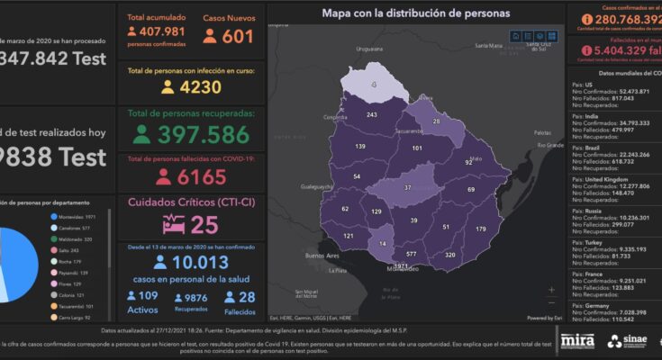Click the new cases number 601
tap(238, 36)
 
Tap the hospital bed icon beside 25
tap(173, 222)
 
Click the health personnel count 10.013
tap(198, 262)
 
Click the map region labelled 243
tap(372, 114)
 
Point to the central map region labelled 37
tap(408, 187)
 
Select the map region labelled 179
tap(480, 229)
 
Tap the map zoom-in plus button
tap(551, 290)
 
